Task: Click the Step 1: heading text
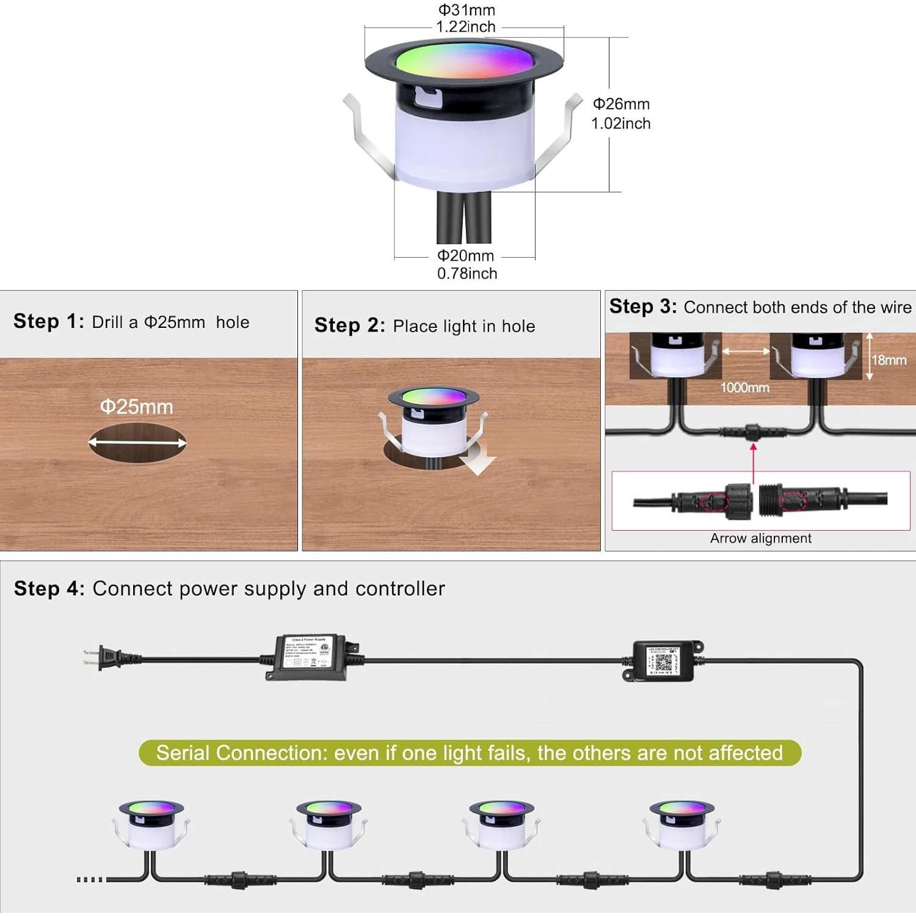tap(49, 321)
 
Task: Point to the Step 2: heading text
tap(349, 325)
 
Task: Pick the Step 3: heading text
tap(642, 307)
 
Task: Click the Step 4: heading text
tap(49, 589)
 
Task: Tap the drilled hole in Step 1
tap(137, 443)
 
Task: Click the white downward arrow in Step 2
tap(478, 461)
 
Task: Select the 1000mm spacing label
tap(744, 388)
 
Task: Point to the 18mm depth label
tap(889, 360)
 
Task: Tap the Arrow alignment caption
tap(760, 539)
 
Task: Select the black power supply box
tap(309, 656)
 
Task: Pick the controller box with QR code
tap(663, 660)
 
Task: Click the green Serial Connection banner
tap(469, 753)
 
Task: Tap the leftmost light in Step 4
tap(150, 824)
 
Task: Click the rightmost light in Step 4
tap(682, 824)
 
